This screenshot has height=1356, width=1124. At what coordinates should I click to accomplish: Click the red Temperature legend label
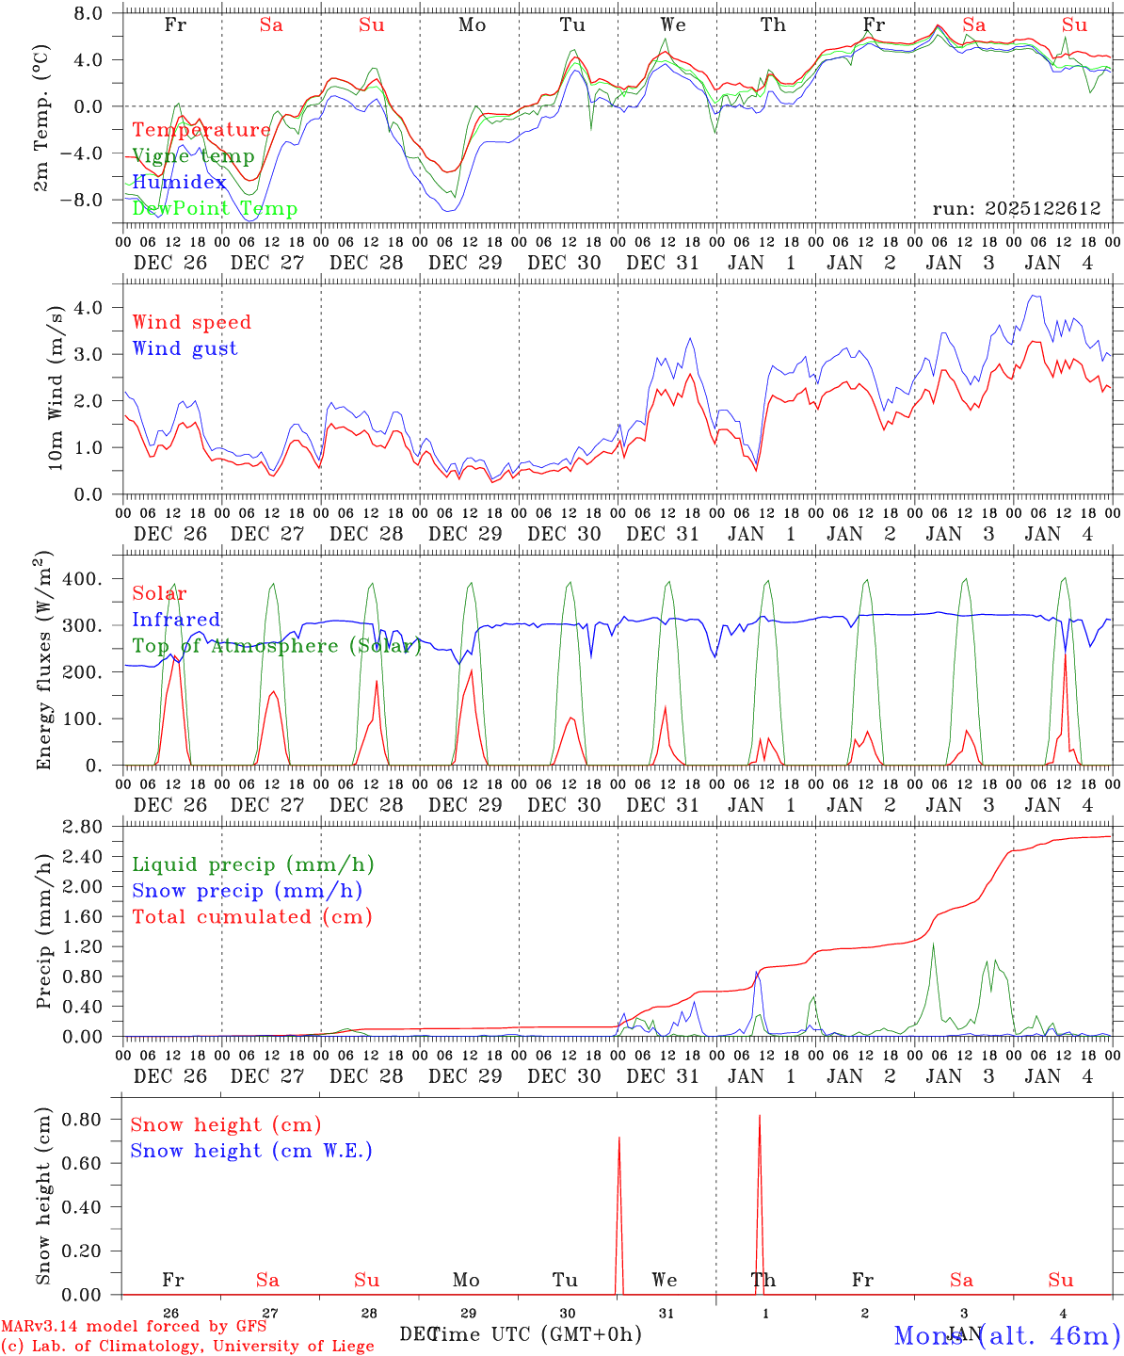pyautogui.click(x=201, y=130)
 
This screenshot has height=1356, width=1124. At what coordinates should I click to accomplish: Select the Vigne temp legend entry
pyautogui.click(x=193, y=156)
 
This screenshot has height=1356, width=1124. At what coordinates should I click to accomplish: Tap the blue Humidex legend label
pyautogui.click(x=179, y=183)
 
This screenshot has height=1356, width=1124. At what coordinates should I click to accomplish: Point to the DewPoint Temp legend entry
pyautogui.click(x=215, y=209)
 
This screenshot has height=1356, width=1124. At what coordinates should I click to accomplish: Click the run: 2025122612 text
pyautogui.click(x=1017, y=209)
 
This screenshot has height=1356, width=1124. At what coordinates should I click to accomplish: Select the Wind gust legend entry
pyautogui.click(x=185, y=348)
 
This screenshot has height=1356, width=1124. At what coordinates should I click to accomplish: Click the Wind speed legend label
pyautogui.click(x=192, y=322)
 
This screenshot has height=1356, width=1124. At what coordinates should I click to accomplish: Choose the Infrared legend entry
pyautogui.click(x=176, y=620)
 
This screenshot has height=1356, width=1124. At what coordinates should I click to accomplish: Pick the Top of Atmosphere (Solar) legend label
pyautogui.click(x=277, y=646)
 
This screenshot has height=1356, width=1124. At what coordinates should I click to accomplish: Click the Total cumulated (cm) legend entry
pyautogui.click(x=251, y=916)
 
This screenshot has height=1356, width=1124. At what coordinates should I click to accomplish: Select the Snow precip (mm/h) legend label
pyautogui.click(x=247, y=891)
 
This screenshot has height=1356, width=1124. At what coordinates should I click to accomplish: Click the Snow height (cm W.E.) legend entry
pyautogui.click(x=251, y=1151)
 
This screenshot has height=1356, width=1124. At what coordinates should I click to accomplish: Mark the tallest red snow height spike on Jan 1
pyautogui.click(x=760, y=1117)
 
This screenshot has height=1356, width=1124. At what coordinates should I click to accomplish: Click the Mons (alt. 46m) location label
pyautogui.click(x=1006, y=1335)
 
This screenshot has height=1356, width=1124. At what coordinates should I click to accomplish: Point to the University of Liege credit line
pyautogui.click(x=187, y=1346)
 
